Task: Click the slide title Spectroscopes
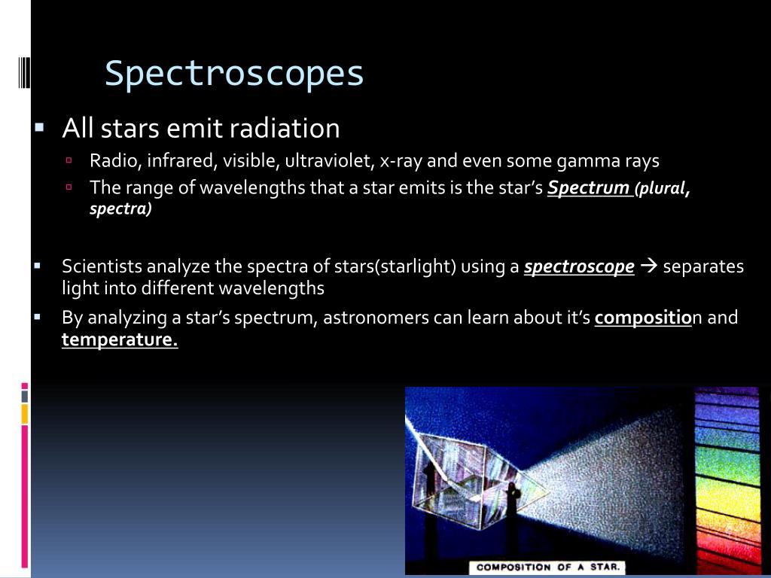coord(234,74)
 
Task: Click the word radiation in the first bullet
coord(295,129)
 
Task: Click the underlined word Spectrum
coord(589,187)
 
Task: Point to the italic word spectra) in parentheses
coord(120,209)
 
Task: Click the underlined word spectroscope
coord(578,266)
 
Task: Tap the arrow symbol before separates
coord(648,266)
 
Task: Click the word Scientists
coord(102,266)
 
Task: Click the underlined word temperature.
coord(119,340)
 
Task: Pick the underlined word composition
coord(643,318)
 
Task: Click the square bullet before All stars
coord(39,127)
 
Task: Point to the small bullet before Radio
coord(68,160)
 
